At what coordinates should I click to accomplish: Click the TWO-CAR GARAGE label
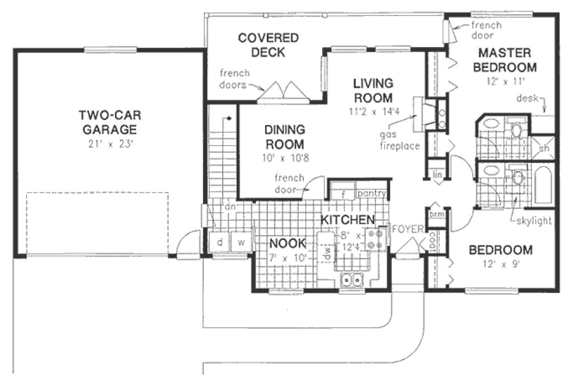pos(110,122)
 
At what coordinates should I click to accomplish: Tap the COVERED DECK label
pos(268,45)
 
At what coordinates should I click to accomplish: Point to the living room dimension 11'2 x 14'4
pos(375,111)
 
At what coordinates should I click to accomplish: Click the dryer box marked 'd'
pos(219,242)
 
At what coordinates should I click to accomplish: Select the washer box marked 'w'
pos(241,242)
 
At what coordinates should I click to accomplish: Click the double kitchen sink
pos(352,279)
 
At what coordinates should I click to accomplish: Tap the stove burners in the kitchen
pos(375,239)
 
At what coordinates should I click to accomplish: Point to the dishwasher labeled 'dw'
pos(326,254)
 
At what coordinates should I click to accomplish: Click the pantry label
pos(371,194)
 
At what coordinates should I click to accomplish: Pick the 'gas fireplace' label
pos(400,141)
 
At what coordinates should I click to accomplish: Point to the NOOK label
pos(288,243)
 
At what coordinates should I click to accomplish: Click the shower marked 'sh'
pos(544,148)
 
